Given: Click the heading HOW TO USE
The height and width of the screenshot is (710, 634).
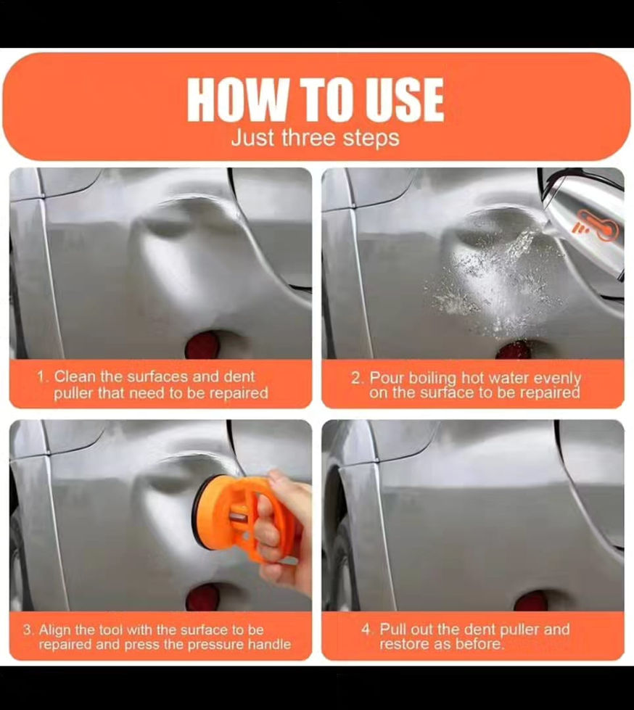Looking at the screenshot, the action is [x=316, y=99].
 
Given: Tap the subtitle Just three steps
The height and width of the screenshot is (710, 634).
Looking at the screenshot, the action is [x=316, y=138].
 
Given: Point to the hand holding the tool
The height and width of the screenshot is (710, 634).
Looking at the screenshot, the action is [x=283, y=530].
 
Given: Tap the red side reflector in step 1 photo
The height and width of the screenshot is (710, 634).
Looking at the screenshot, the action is [x=202, y=345].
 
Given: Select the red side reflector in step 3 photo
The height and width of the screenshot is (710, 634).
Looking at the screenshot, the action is [x=203, y=598].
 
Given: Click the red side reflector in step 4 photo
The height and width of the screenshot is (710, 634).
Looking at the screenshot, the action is [x=531, y=601].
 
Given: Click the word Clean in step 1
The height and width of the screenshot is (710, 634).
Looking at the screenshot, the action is [x=75, y=376].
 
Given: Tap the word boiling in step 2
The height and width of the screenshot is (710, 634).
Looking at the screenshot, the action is [x=432, y=378].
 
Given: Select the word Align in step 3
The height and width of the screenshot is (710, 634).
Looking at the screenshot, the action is [x=55, y=629].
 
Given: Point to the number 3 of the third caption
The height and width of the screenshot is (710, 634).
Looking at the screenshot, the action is [x=28, y=629].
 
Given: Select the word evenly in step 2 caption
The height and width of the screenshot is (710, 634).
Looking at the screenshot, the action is [x=557, y=379].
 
